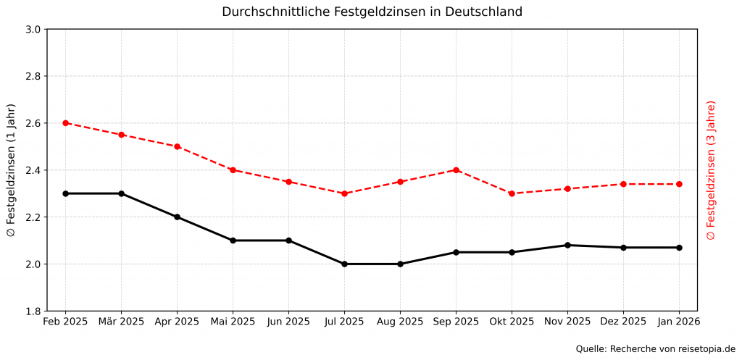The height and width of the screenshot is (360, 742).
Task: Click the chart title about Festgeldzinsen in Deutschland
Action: (x=372, y=12)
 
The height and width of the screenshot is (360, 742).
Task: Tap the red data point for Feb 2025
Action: (x=65, y=123)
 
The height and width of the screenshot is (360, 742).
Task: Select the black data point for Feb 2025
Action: (x=65, y=193)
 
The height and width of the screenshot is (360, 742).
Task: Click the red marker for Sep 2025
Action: (x=456, y=170)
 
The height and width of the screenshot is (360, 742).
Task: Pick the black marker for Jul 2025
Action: (x=344, y=264)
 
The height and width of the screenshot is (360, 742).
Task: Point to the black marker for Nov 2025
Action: (x=567, y=245)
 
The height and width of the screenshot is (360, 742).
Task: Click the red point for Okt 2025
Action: (x=512, y=193)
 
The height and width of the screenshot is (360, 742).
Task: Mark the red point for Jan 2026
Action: (x=679, y=184)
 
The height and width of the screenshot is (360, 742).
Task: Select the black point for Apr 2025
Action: (x=177, y=217)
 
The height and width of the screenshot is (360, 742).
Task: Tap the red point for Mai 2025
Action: (x=233, y=170)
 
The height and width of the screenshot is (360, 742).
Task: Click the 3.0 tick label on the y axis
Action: (x=33, y=30)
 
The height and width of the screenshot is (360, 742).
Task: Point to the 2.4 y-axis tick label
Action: (x=33, y=170)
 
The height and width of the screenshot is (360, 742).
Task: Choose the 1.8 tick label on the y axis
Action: (x=33, y=311)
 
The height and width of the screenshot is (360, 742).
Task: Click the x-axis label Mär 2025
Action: (x=121, y=322)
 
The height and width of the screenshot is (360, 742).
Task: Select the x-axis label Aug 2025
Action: (x=400, y=322)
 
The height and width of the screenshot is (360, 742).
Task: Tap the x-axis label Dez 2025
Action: (x=623, y=322)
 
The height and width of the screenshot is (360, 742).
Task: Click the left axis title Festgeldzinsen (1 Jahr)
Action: (x=11, y=170)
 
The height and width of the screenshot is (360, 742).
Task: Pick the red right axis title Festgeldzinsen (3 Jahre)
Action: (x=711, y=170)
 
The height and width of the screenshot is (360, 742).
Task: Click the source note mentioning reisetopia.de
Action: (x=655, y=349)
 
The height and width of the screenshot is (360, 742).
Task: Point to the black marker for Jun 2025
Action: (x=288, y=240)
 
